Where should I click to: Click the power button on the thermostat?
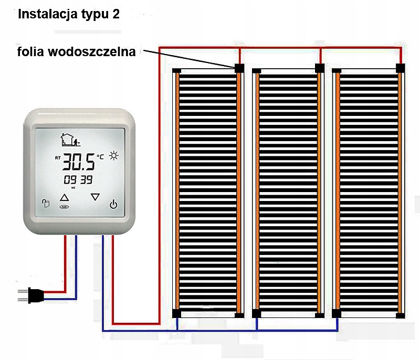[113, 204]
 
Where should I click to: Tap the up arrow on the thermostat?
[64, 198]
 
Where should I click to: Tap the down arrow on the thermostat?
[95, 197]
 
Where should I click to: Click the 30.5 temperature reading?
[79, 163]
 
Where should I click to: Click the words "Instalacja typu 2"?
[69, 14]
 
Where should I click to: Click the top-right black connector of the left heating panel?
[239, 68]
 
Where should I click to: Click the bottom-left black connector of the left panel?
[176, 314]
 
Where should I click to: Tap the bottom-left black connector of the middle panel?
[256, 314]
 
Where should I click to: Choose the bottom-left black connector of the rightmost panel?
[337, 314]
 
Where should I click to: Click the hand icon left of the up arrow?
[45, 204]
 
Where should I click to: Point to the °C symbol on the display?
[100, 156]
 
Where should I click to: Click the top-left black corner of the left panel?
[176, 71]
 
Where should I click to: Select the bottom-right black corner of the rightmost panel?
[401, 315]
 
